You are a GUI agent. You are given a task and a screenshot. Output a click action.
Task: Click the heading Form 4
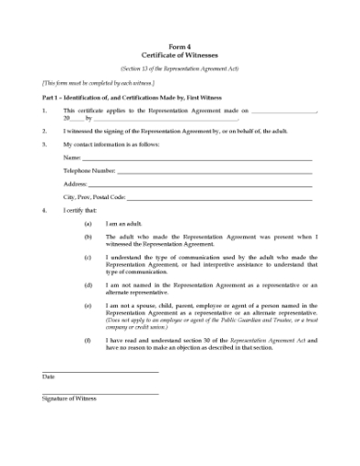tap(180, 47)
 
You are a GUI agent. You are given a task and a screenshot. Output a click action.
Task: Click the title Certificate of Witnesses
tap(180, 55)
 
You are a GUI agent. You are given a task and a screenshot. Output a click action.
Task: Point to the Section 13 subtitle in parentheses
tap(180, 69)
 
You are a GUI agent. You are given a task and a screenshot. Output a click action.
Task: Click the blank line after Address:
tap(200, 184)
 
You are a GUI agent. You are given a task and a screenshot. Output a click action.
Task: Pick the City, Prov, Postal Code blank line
tap(219, 196)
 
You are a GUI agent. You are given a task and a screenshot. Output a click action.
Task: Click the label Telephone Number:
tap(89, 171)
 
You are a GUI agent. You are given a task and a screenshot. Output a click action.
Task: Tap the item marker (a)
tap(88, 223)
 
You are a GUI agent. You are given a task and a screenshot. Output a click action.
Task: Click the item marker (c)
tap(88, 258)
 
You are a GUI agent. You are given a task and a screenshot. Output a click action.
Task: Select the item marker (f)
tap(88, 340)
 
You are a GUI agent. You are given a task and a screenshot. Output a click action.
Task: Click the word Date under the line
tap(48, 376)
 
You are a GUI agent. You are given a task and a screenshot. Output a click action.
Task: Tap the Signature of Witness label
tap(69, 398)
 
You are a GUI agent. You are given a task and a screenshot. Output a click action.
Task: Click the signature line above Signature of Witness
tap(101, 393)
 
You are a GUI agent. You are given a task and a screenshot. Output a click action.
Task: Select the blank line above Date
tap(101, 371)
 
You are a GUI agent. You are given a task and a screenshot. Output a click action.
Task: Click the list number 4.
tap(44, 210)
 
